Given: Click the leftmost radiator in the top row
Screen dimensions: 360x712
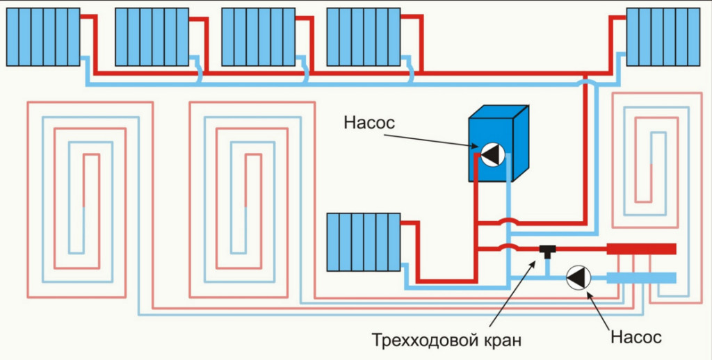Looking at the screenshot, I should click(x=43, y=37).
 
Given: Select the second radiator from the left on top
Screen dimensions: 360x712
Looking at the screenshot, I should click(x=151, y=37).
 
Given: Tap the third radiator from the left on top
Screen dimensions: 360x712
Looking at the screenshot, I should click(x=258, y=37).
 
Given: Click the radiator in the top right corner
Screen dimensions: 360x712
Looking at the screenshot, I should click(x=663, y=37).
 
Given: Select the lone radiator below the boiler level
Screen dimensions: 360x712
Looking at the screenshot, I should click(x=363, y=241).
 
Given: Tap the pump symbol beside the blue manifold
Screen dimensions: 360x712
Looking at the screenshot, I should click(x=578, y=278).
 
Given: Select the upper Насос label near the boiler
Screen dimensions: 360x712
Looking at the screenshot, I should click(x=369, y=123).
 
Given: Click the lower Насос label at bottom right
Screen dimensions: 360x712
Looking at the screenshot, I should click(x=636, y=338).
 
